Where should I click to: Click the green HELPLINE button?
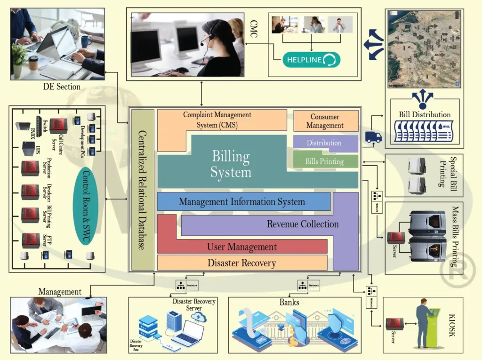coord(311,60)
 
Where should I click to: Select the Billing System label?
coord(231,164)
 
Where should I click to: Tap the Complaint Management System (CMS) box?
coord(217,120)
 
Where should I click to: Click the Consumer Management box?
coord(325,121)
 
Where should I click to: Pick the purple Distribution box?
coord(324,143)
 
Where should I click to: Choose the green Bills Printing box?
coord(325,161)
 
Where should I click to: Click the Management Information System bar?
coord(242,202)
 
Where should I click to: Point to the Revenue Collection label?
coord(303,224)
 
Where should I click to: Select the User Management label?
coord(242,247)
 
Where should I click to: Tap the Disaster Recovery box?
coord(242,263)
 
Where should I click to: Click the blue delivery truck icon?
coord(373,137)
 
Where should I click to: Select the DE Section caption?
coord(62,87)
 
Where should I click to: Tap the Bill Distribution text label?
coord(425,114)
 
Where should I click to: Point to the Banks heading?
coord(289,302)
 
